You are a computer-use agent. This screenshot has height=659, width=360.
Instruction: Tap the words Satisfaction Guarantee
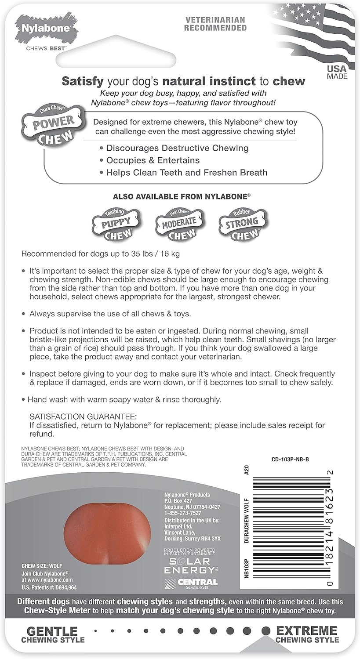click(84, 416)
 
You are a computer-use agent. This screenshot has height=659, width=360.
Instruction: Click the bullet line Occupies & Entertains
click(153, 160)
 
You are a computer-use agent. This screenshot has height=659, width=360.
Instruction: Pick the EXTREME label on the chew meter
click(307, 631)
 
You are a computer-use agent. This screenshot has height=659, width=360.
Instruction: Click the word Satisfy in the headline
click(83, 81)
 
